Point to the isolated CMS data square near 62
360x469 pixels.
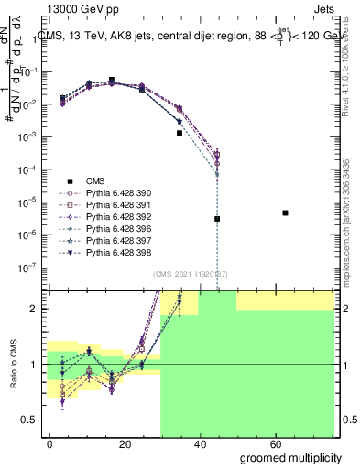(x=286, y=213)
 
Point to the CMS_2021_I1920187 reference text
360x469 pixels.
(x=191, y=274)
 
